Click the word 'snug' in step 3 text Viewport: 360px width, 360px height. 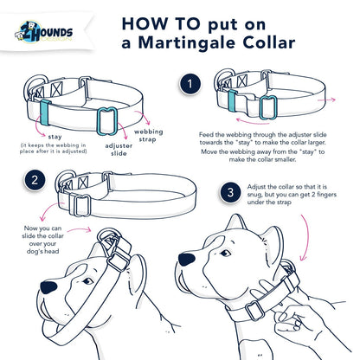pyautogui.click(x=263, y=196)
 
